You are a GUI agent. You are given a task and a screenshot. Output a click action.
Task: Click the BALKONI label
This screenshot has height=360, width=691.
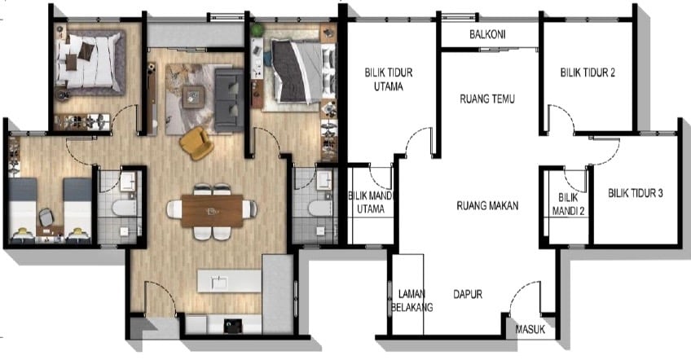pyautogui.click(x=487, y=34)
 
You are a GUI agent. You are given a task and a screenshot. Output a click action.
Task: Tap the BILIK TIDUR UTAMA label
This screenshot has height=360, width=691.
pyautogui.click(x=388, y=79)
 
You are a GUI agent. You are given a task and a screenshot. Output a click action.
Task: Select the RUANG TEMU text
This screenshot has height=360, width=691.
pyautogui.click(x=487, y=99)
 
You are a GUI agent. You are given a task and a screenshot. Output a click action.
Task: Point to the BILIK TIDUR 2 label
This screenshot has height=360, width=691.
pyautogui.click(x=588, y=72)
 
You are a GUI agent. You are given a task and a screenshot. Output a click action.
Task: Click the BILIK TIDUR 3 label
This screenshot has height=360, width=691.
pyautogui.click(x=636, y=192)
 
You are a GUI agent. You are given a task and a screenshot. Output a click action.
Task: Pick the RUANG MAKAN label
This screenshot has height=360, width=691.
pyautogui.click(x=487, y=205)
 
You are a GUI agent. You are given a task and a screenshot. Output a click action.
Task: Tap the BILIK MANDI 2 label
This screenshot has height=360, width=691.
pyautogui.click(x=569, y=204)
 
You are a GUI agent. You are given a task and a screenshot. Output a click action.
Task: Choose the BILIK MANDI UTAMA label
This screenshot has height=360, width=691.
pyautogui.click(x=370, y=202)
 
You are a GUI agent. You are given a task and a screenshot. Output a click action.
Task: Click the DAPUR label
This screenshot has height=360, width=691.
pyautogui.click(x=468, y=294)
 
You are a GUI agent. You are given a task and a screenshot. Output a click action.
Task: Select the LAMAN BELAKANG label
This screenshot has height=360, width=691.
pyautogui.click(x=412, y=301)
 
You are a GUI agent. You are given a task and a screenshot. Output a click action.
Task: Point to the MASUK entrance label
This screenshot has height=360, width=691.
pyautogui.click(x=530, y=329)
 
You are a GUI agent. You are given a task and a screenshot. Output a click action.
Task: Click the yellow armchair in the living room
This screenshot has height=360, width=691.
pyautogui.click(x=196, y=143)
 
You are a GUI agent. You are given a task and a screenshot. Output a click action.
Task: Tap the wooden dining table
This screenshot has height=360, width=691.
pyautogui.click(x=212, y=211)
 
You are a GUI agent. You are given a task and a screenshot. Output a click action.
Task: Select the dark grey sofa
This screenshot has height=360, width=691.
pyautogui.click(x=229, y=100)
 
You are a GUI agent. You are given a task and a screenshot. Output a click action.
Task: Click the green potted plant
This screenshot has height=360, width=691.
pyautogui.click(x=257, y=30)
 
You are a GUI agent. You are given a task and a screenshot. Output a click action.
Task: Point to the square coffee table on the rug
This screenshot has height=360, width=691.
pyautogui.click(x=194, y=96)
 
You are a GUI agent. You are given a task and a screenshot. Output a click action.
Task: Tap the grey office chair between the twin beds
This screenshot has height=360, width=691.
pyautogui.click(x=46, y=217)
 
